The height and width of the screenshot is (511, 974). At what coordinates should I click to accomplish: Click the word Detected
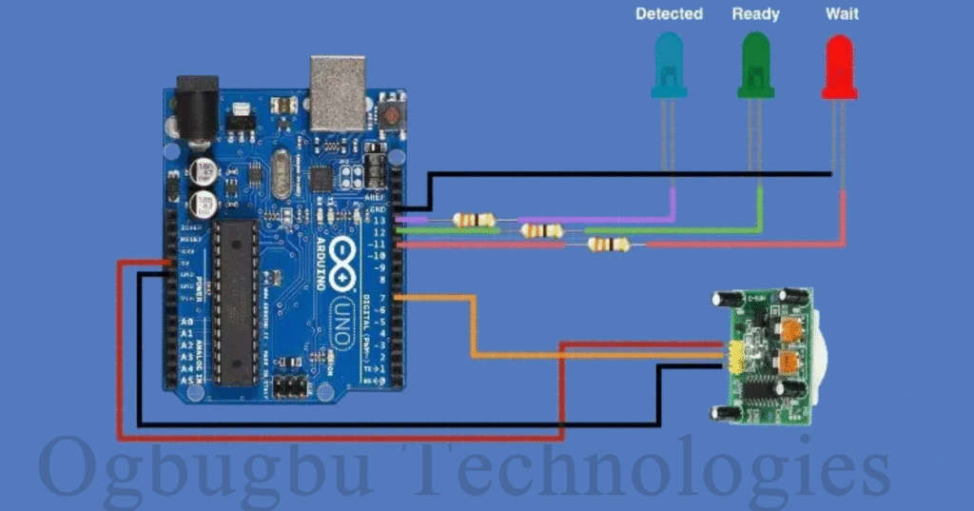(x=669, y=13)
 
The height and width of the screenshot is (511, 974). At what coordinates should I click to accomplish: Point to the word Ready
(x=755, y=13)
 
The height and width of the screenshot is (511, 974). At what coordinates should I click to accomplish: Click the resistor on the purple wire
(x=474, y=220)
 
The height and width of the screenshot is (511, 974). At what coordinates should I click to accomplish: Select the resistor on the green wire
(x=540, y=230)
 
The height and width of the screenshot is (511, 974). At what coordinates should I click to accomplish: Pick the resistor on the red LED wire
(x=608, y=245)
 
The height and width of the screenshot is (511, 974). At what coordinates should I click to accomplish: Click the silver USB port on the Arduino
(x=338, y=92)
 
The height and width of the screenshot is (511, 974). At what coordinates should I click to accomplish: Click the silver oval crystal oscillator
(x=282, y=175)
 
